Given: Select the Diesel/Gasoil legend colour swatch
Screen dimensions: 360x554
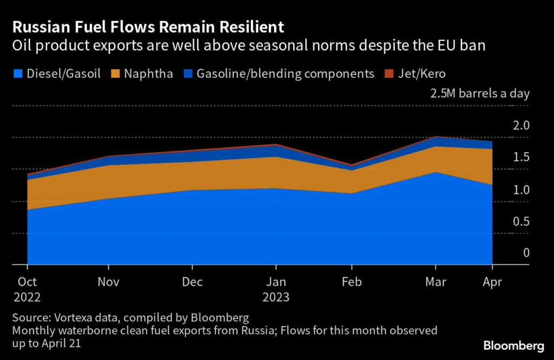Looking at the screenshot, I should (18, 74).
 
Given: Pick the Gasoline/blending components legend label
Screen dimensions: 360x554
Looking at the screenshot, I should (286, 74).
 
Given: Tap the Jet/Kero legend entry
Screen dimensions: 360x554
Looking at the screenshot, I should (424, 74).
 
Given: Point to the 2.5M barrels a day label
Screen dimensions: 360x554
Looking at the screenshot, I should (479, 93).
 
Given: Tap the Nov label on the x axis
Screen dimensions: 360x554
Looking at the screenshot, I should (109, 282).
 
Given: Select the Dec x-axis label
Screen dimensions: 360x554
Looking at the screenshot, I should (193, 282).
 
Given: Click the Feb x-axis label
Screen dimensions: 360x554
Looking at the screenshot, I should (352, 282).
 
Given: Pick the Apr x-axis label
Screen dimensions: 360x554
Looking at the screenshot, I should (492, 282).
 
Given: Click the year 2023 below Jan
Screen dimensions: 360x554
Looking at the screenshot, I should (276, 297).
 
